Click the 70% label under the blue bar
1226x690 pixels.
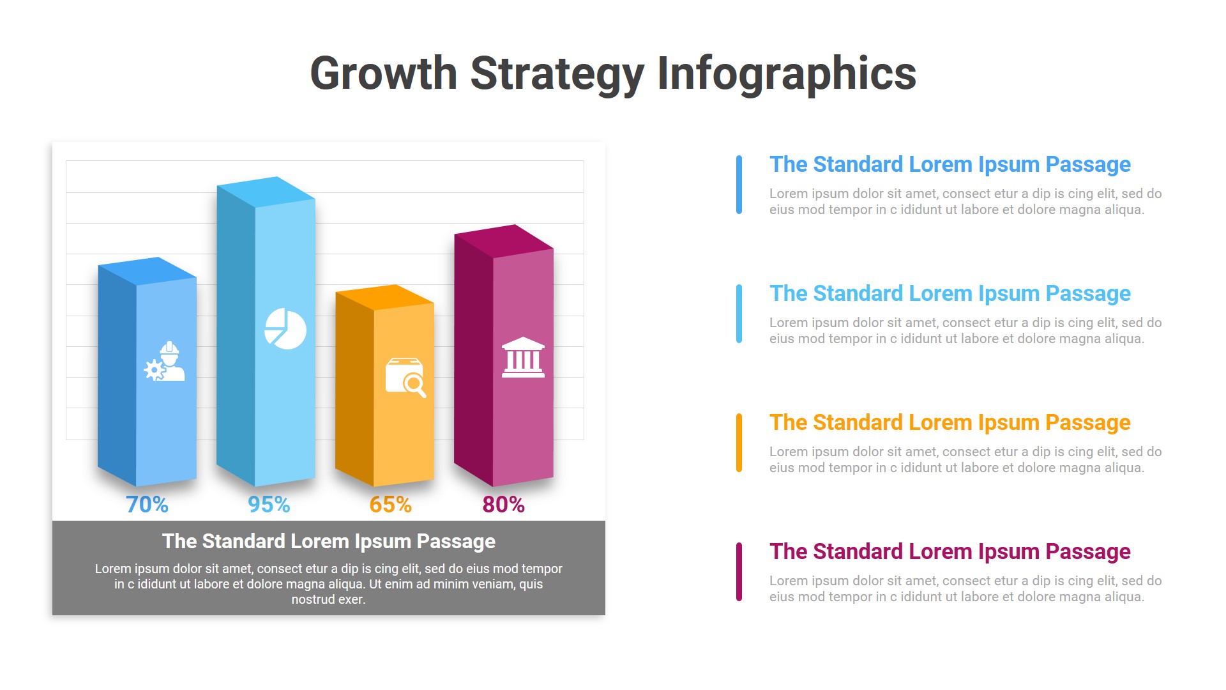(x=147, y=505)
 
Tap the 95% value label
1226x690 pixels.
(x=269, y=505)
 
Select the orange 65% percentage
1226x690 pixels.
(x=390, y=505)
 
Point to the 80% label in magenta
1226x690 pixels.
(x=503, y=505)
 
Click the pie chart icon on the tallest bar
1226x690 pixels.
(x=285, y=329)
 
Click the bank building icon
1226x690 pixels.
(x=523, y=358)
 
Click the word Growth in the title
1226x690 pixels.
(x=383, y=73)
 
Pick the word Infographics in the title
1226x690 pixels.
(x=787, y=73)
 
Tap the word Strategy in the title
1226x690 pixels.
(x=557, y=73)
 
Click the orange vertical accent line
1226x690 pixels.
(x=739, y=443)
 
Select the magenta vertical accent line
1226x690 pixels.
(x=739, y=572)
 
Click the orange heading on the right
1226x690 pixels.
(x=950, y=422)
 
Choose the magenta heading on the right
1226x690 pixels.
(x=950, y=551)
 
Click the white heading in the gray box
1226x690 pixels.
(x=328, y=541)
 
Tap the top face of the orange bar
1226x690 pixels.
(x=385, y=297)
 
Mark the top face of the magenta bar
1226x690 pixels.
(x=504, y=241)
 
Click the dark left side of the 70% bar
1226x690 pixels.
(x=117, y=377)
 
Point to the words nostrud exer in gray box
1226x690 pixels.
(x=328, y=599)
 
